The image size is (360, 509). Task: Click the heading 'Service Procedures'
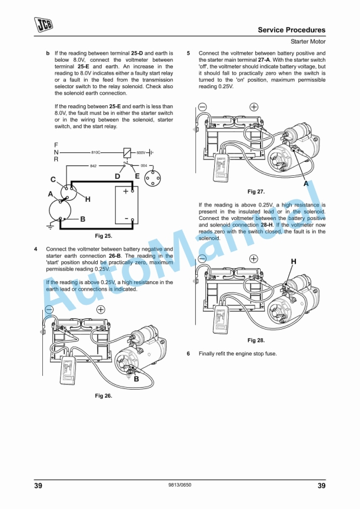pos(291,29)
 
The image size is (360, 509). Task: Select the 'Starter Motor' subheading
pos(308,42)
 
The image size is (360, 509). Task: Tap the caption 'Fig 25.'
pos(104,235)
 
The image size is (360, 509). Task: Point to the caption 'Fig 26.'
pos(104,396)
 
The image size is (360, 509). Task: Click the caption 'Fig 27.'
pos(256,192)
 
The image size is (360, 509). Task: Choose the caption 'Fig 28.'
pos(256,340)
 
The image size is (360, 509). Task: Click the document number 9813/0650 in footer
pos(179,485)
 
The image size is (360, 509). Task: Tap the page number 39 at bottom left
pos(38,485)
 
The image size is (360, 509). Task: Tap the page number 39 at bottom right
pos(321,485)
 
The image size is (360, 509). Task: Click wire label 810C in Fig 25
pos(95,152)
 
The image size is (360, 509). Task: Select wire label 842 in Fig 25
pos(93,167)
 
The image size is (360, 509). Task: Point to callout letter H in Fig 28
pos(294,261)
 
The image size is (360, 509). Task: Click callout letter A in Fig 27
pos(306,184)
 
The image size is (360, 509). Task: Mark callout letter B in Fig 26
pos(136,379)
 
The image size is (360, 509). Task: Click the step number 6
pos(188,354)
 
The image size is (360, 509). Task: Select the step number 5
pos(188,53)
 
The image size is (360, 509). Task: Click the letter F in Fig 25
pos(56,145)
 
